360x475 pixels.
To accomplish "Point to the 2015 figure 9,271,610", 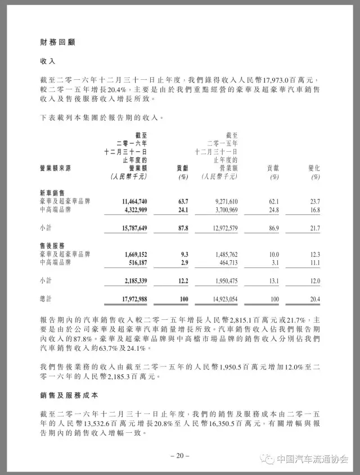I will (x=217, y=201).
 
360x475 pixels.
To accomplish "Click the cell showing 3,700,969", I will (x=217, y=210).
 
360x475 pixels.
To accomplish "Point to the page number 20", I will (x=180, y=455).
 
